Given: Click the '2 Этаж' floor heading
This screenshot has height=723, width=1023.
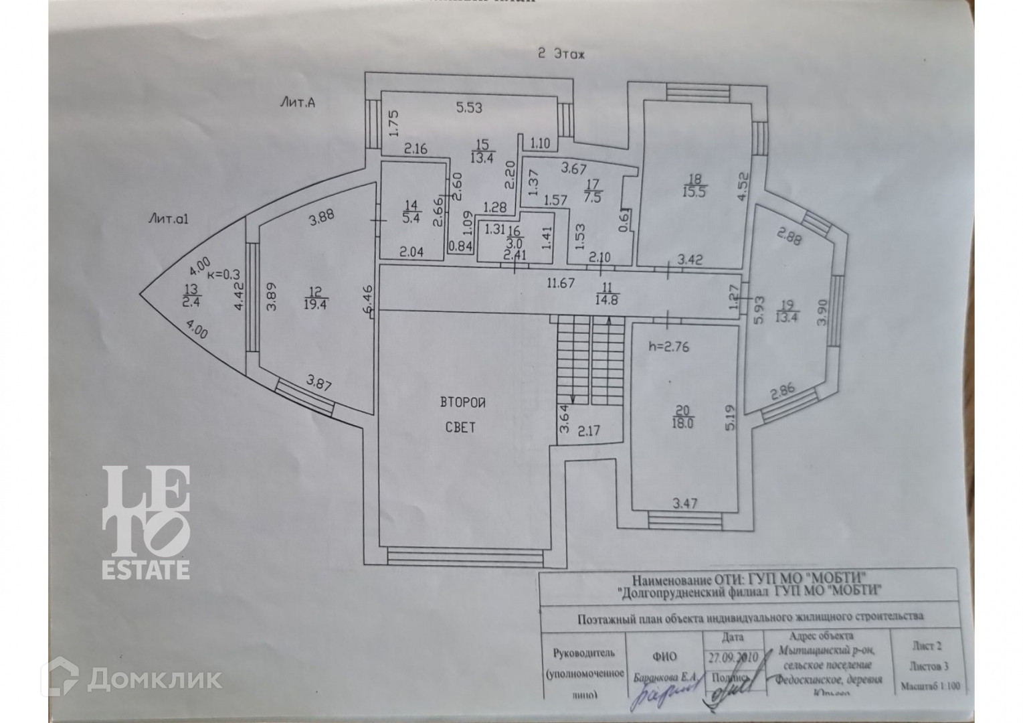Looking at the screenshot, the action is pos(561,55).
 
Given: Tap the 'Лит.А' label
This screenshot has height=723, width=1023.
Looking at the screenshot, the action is pos(297,103).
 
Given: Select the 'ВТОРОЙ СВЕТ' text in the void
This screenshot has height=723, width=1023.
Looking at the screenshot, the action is pos(462,414).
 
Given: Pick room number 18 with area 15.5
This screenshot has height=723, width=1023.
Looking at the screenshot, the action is pos(696,185).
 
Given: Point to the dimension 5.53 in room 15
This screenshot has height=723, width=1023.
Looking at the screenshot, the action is pos(469,107).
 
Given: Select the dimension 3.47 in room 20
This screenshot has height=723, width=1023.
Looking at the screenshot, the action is pos(684,502).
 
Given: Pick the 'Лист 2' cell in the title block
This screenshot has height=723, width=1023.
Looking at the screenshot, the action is pos(927,647).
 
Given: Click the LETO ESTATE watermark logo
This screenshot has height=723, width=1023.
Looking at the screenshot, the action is pos(146,523).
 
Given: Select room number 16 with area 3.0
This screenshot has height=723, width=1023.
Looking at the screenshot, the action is pos(515,236).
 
